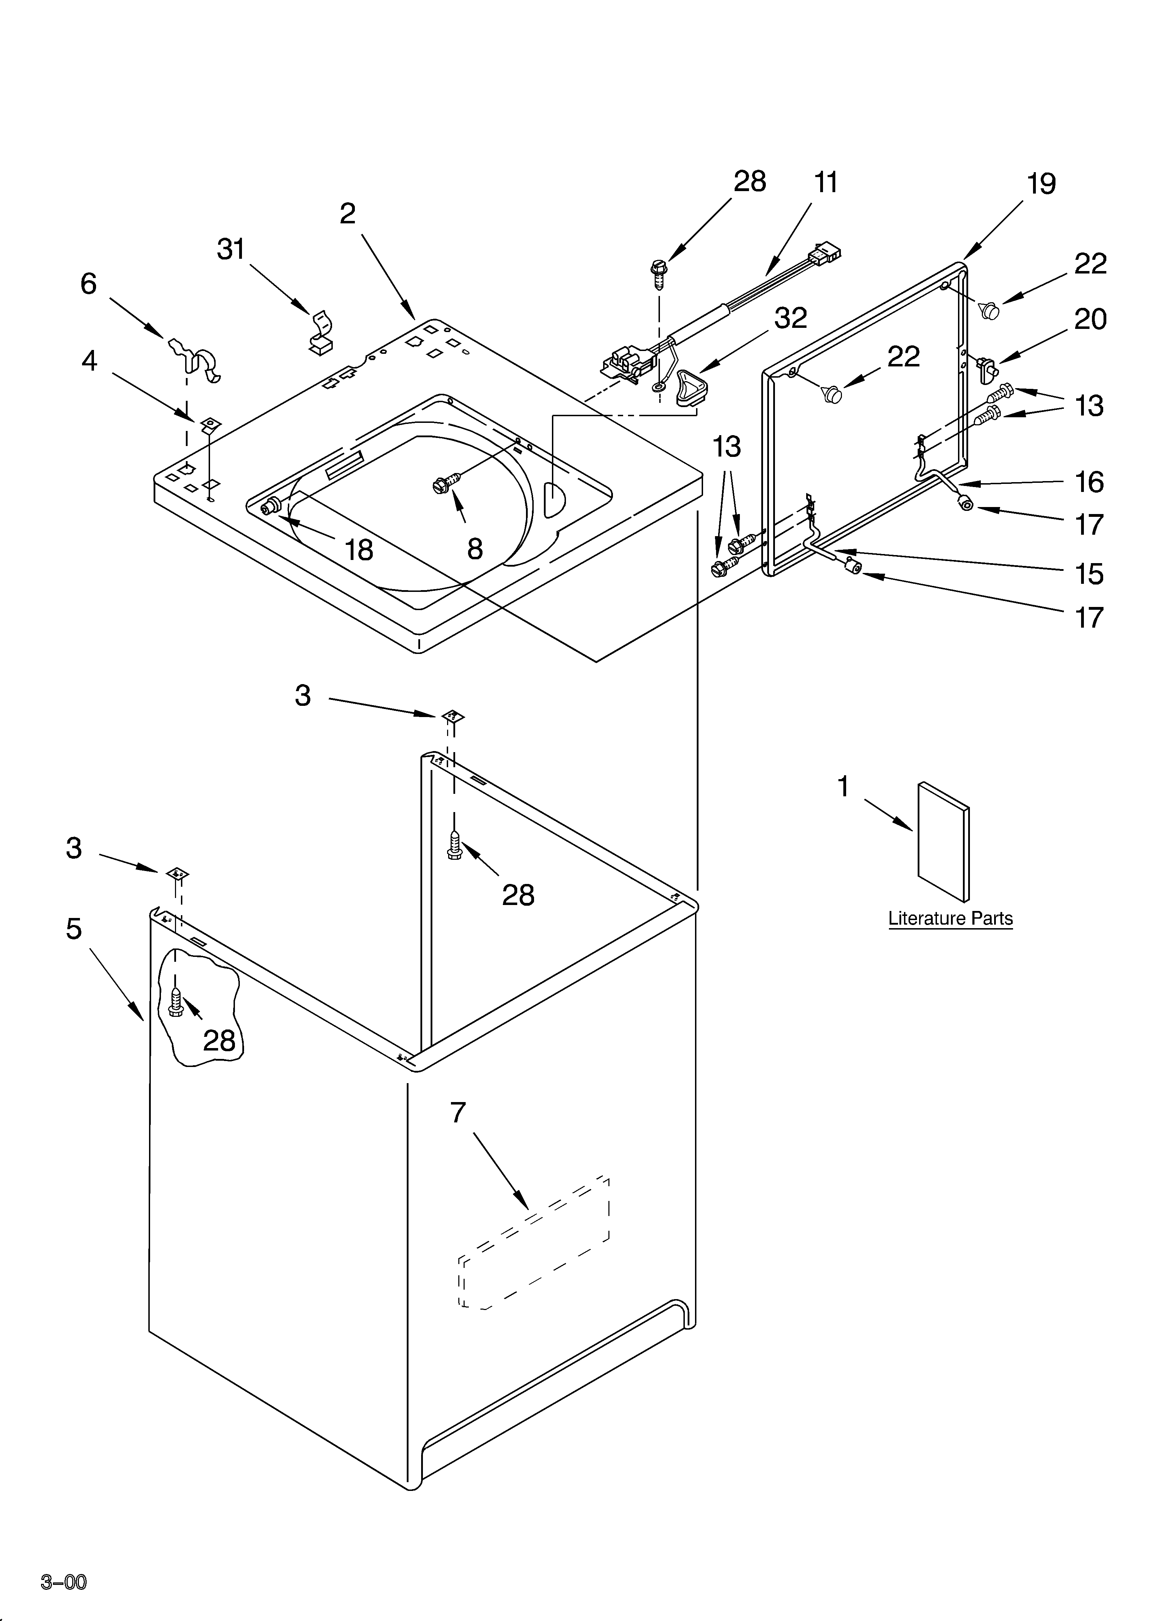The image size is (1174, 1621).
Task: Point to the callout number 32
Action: (791, 318)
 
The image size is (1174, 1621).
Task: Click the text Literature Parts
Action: (950, 918)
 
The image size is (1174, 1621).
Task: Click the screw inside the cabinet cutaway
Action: (177, 1001)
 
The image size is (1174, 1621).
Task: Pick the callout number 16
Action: (1089, 482)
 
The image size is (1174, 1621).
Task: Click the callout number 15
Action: (1089, 574)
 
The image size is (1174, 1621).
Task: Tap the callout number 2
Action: (348, 213)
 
